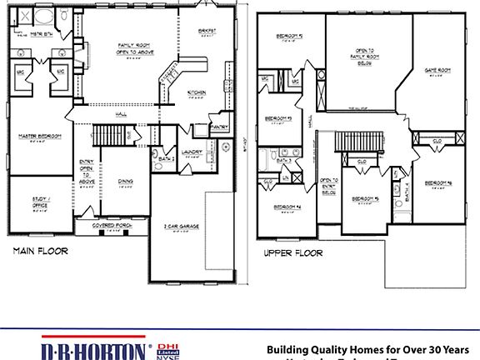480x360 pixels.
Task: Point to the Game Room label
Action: coord(437,70)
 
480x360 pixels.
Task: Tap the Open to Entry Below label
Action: coord(328,185)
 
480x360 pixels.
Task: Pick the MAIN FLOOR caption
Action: coord(41,251)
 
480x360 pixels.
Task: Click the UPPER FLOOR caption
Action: coord(292,252)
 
